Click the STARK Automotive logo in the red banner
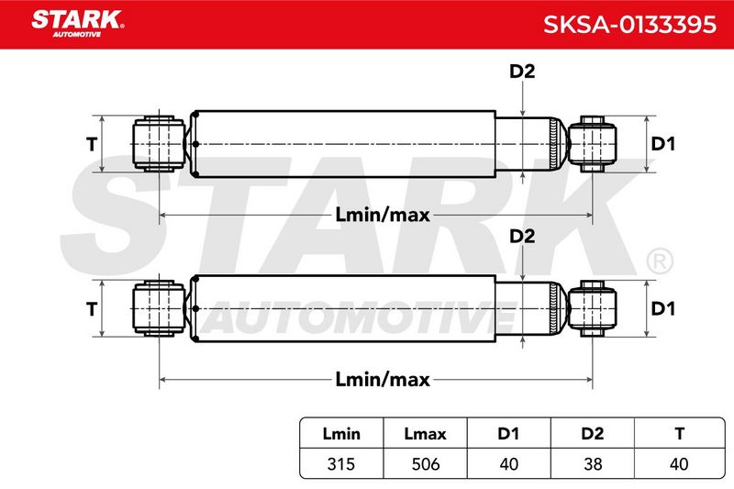coord(78,24)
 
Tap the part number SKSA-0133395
coord(629,25)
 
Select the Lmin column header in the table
coord(341,434)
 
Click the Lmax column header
coord(425,434)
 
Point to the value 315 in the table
coord(341,463)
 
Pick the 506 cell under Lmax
coord(426,463)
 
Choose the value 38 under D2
coord(593,463)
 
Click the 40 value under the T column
coord(679,463)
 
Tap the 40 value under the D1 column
coord(508,463)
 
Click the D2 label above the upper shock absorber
coord(522,72)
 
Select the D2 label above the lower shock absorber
coord(522,237)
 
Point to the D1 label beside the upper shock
coord(662,144)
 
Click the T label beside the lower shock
coord(92,309)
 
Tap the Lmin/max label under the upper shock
coord(383,215)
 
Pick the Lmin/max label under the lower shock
coord(383,379)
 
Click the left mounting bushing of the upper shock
coord(159,144)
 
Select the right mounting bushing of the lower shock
coord(592,308)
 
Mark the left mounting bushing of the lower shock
coord(159,308)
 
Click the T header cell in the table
coord(680,434)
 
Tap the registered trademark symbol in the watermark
coord(660,261)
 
